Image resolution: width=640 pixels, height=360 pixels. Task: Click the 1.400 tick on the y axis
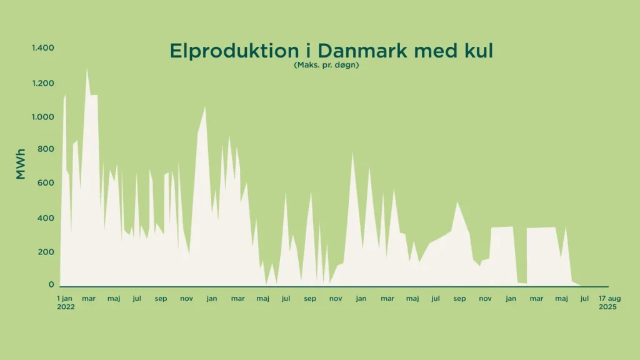click(x=43, y=48)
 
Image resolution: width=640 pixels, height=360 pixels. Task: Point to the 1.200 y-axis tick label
click(x=43, y=83)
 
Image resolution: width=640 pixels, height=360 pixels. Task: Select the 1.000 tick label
click(x=43, y=117)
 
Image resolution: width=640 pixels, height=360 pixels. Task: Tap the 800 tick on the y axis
click(x=47, y=149)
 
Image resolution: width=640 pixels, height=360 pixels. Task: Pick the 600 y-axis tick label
click(x=47, y=183)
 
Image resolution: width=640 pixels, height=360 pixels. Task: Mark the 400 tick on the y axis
click(x=47, y=218)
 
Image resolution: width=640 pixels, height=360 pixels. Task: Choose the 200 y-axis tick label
click(x=47, y=252)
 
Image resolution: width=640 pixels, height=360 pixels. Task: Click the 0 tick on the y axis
click(x=52, y=285)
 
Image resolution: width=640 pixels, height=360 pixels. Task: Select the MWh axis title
click(x=21, y=164)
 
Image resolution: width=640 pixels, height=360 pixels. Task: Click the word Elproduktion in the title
click(x=229, y=51)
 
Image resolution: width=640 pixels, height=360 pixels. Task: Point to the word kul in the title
click(x=477, y=51)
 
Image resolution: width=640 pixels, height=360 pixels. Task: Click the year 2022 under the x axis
click(x=66, y=307)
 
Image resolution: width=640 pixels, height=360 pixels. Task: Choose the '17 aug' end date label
click(x=610, y=299)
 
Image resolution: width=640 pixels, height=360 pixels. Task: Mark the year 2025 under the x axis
click(x=607, y=307)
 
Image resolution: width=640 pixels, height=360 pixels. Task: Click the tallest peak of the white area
click(x=87, y=70)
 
